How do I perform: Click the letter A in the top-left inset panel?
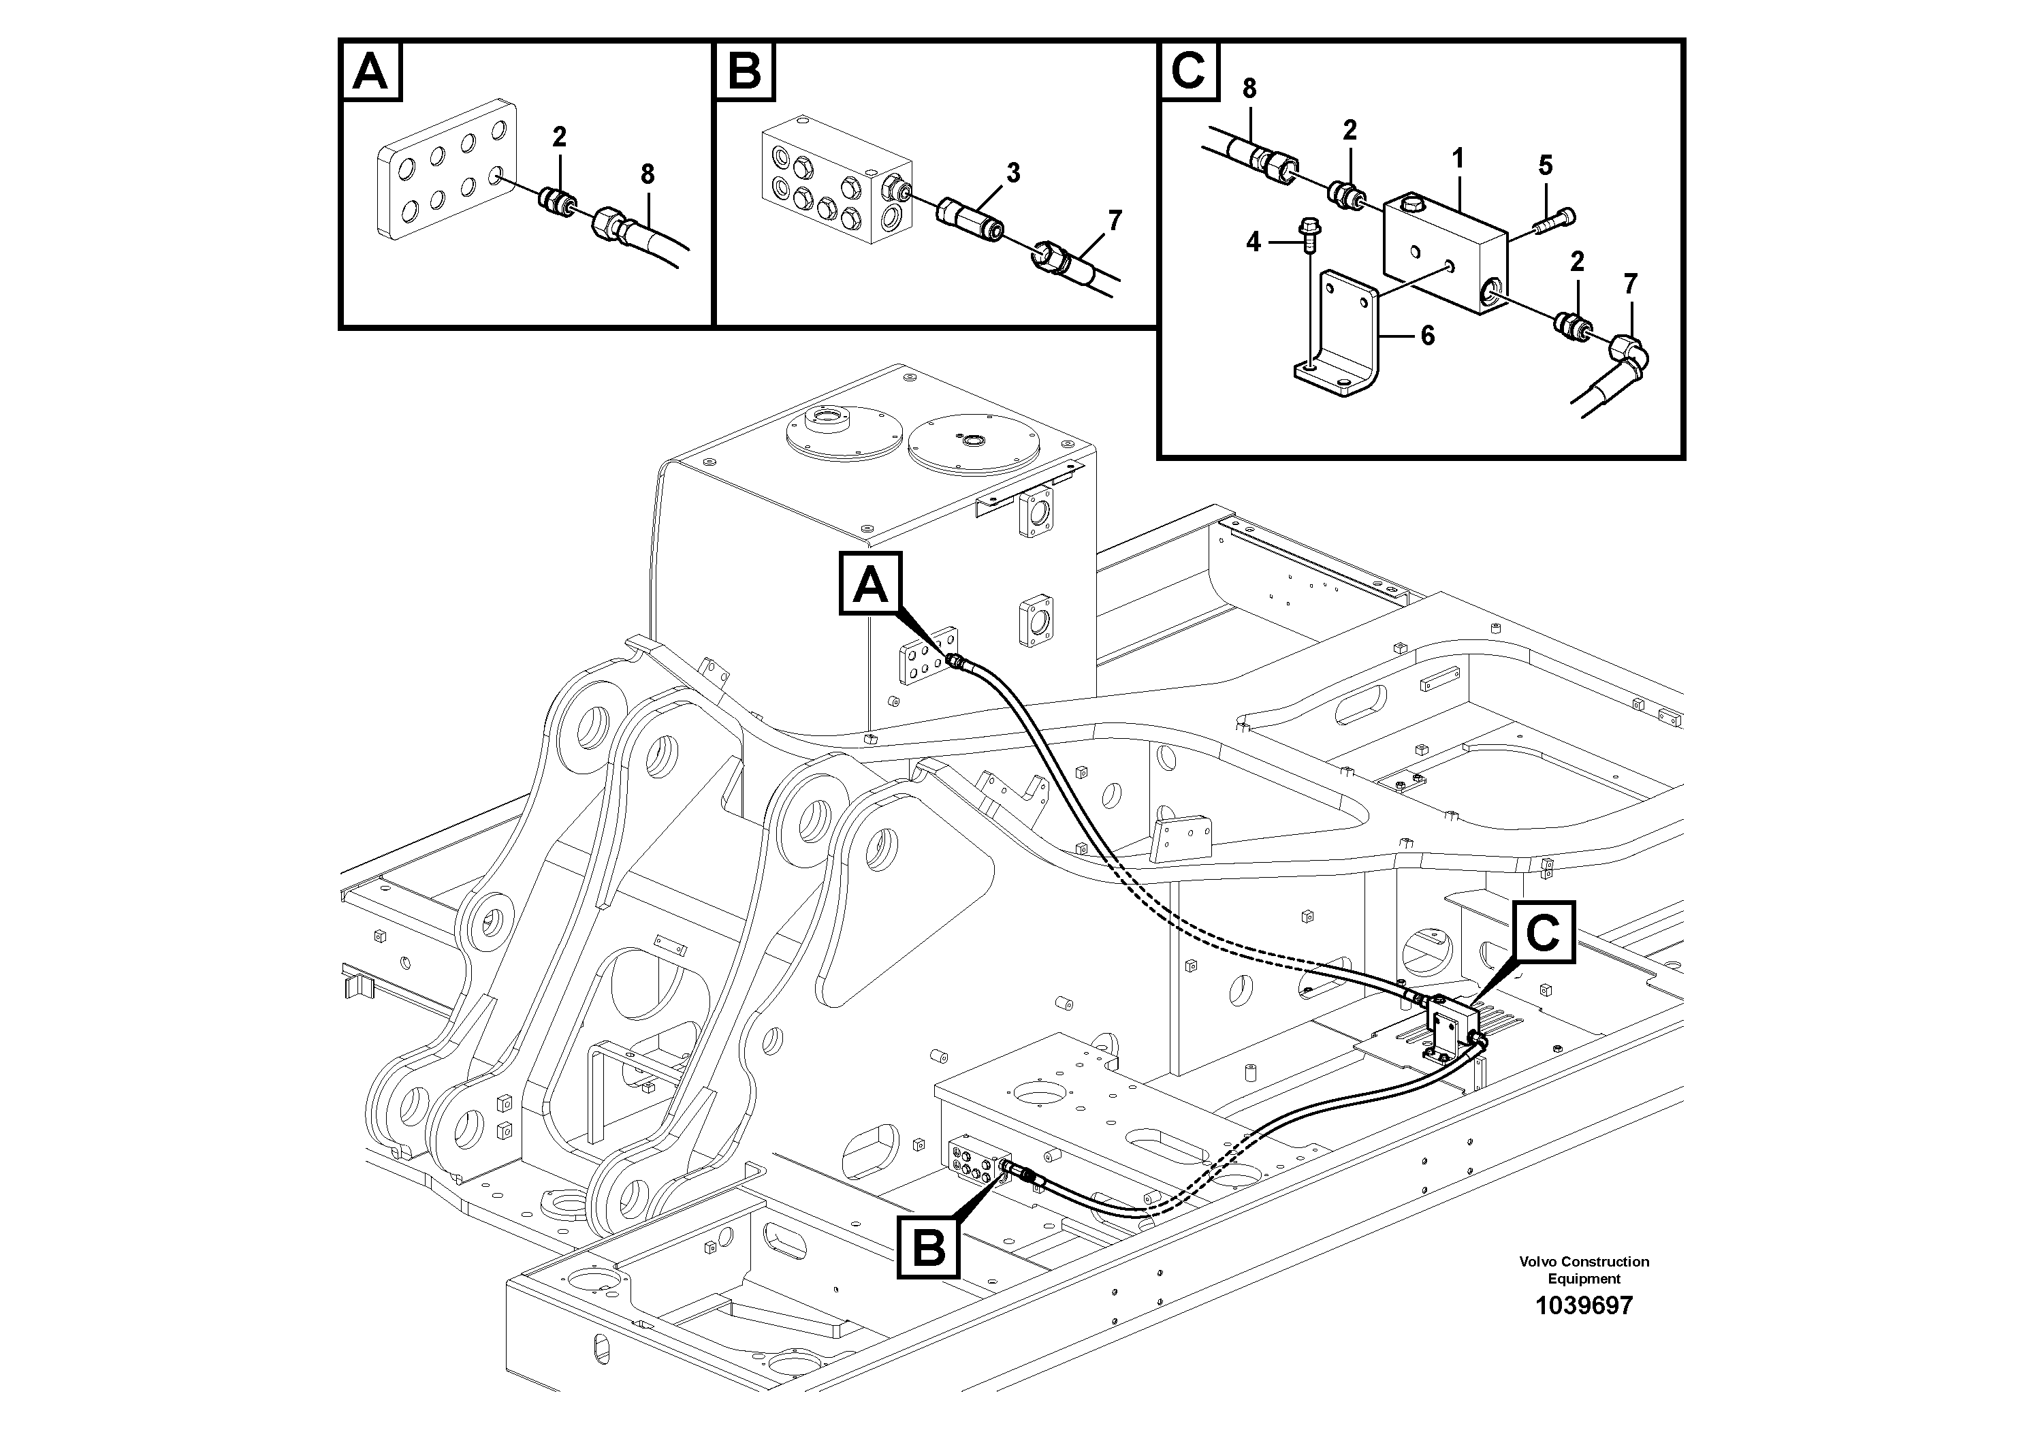370,71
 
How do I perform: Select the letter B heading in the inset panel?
745,71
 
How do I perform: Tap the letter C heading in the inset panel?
1188,71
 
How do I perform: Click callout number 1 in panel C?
1458,159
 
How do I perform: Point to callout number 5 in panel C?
1545,165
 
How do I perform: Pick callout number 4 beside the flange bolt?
1254,241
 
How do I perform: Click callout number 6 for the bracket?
1428,336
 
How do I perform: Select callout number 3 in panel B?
1012,173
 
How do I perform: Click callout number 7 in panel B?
1115,221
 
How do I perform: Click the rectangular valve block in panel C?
1443,256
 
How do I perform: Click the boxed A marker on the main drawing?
869,584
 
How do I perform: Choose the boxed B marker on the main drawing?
928,1247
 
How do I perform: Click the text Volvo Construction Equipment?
1584,1269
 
